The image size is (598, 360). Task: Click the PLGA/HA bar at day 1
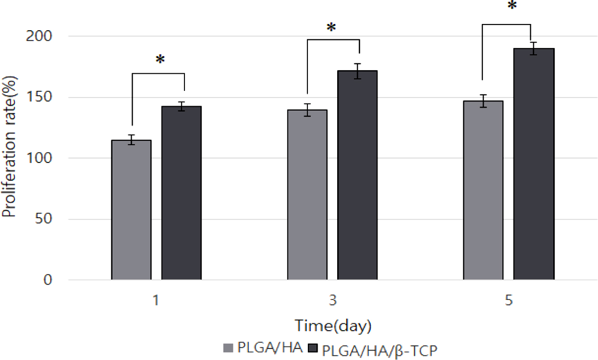coord(131,210)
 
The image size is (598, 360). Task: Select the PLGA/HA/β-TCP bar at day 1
coord(181,194)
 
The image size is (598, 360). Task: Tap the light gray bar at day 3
coord(307,195)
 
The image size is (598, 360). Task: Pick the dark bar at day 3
coord(357,175)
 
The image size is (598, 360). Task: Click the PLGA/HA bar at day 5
coord(483,190)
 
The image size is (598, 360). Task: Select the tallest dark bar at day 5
coord(534,164)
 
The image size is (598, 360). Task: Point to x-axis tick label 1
coord(156,302)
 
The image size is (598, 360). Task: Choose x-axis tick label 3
coord(333,302)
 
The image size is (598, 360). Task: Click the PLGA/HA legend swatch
coord(229,348)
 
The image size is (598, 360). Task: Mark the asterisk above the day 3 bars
coord(331,28)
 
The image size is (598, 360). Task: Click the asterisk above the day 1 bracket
coord(159,60)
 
